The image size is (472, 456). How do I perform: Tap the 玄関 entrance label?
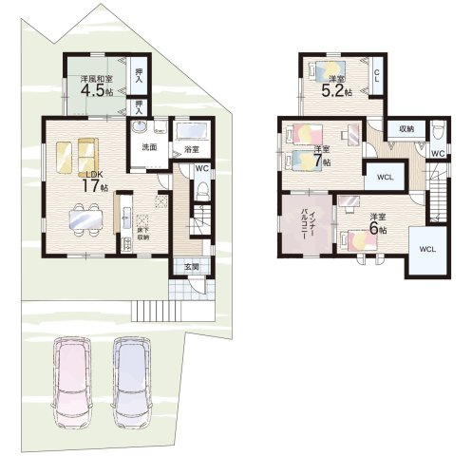pyautogui.click(x=191, y=267)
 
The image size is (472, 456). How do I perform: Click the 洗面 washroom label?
pyautogui.click(x=149, y=148)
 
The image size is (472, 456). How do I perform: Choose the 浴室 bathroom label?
pyautogui.click(x=190, y=150)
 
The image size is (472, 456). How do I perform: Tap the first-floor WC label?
pyautogui.click(x=201, y=169)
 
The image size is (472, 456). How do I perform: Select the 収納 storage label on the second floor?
pyautogui.click(x=406, y=127)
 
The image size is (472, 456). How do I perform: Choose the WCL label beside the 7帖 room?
pyautogui.click(x=386, y=177)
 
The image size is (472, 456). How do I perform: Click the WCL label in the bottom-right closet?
pyautogui.click(x=426, y=250)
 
